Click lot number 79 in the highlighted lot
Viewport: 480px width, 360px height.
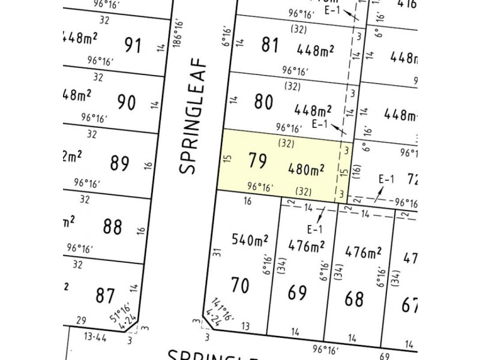click(x=257, y=161)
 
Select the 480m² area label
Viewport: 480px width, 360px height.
click(x=307, y=170)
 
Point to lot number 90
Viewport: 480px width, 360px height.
click(x=127, y=103)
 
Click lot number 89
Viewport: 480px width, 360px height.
click(x=121, y=163)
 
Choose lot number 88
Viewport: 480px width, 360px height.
click(x=112, y=227)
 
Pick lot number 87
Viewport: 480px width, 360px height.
click(x=105, y=295)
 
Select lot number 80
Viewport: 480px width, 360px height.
click(x=264, y=101)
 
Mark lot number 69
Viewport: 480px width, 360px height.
click(x=298, y=293)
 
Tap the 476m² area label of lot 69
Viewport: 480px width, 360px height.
click(x=306, y=245)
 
